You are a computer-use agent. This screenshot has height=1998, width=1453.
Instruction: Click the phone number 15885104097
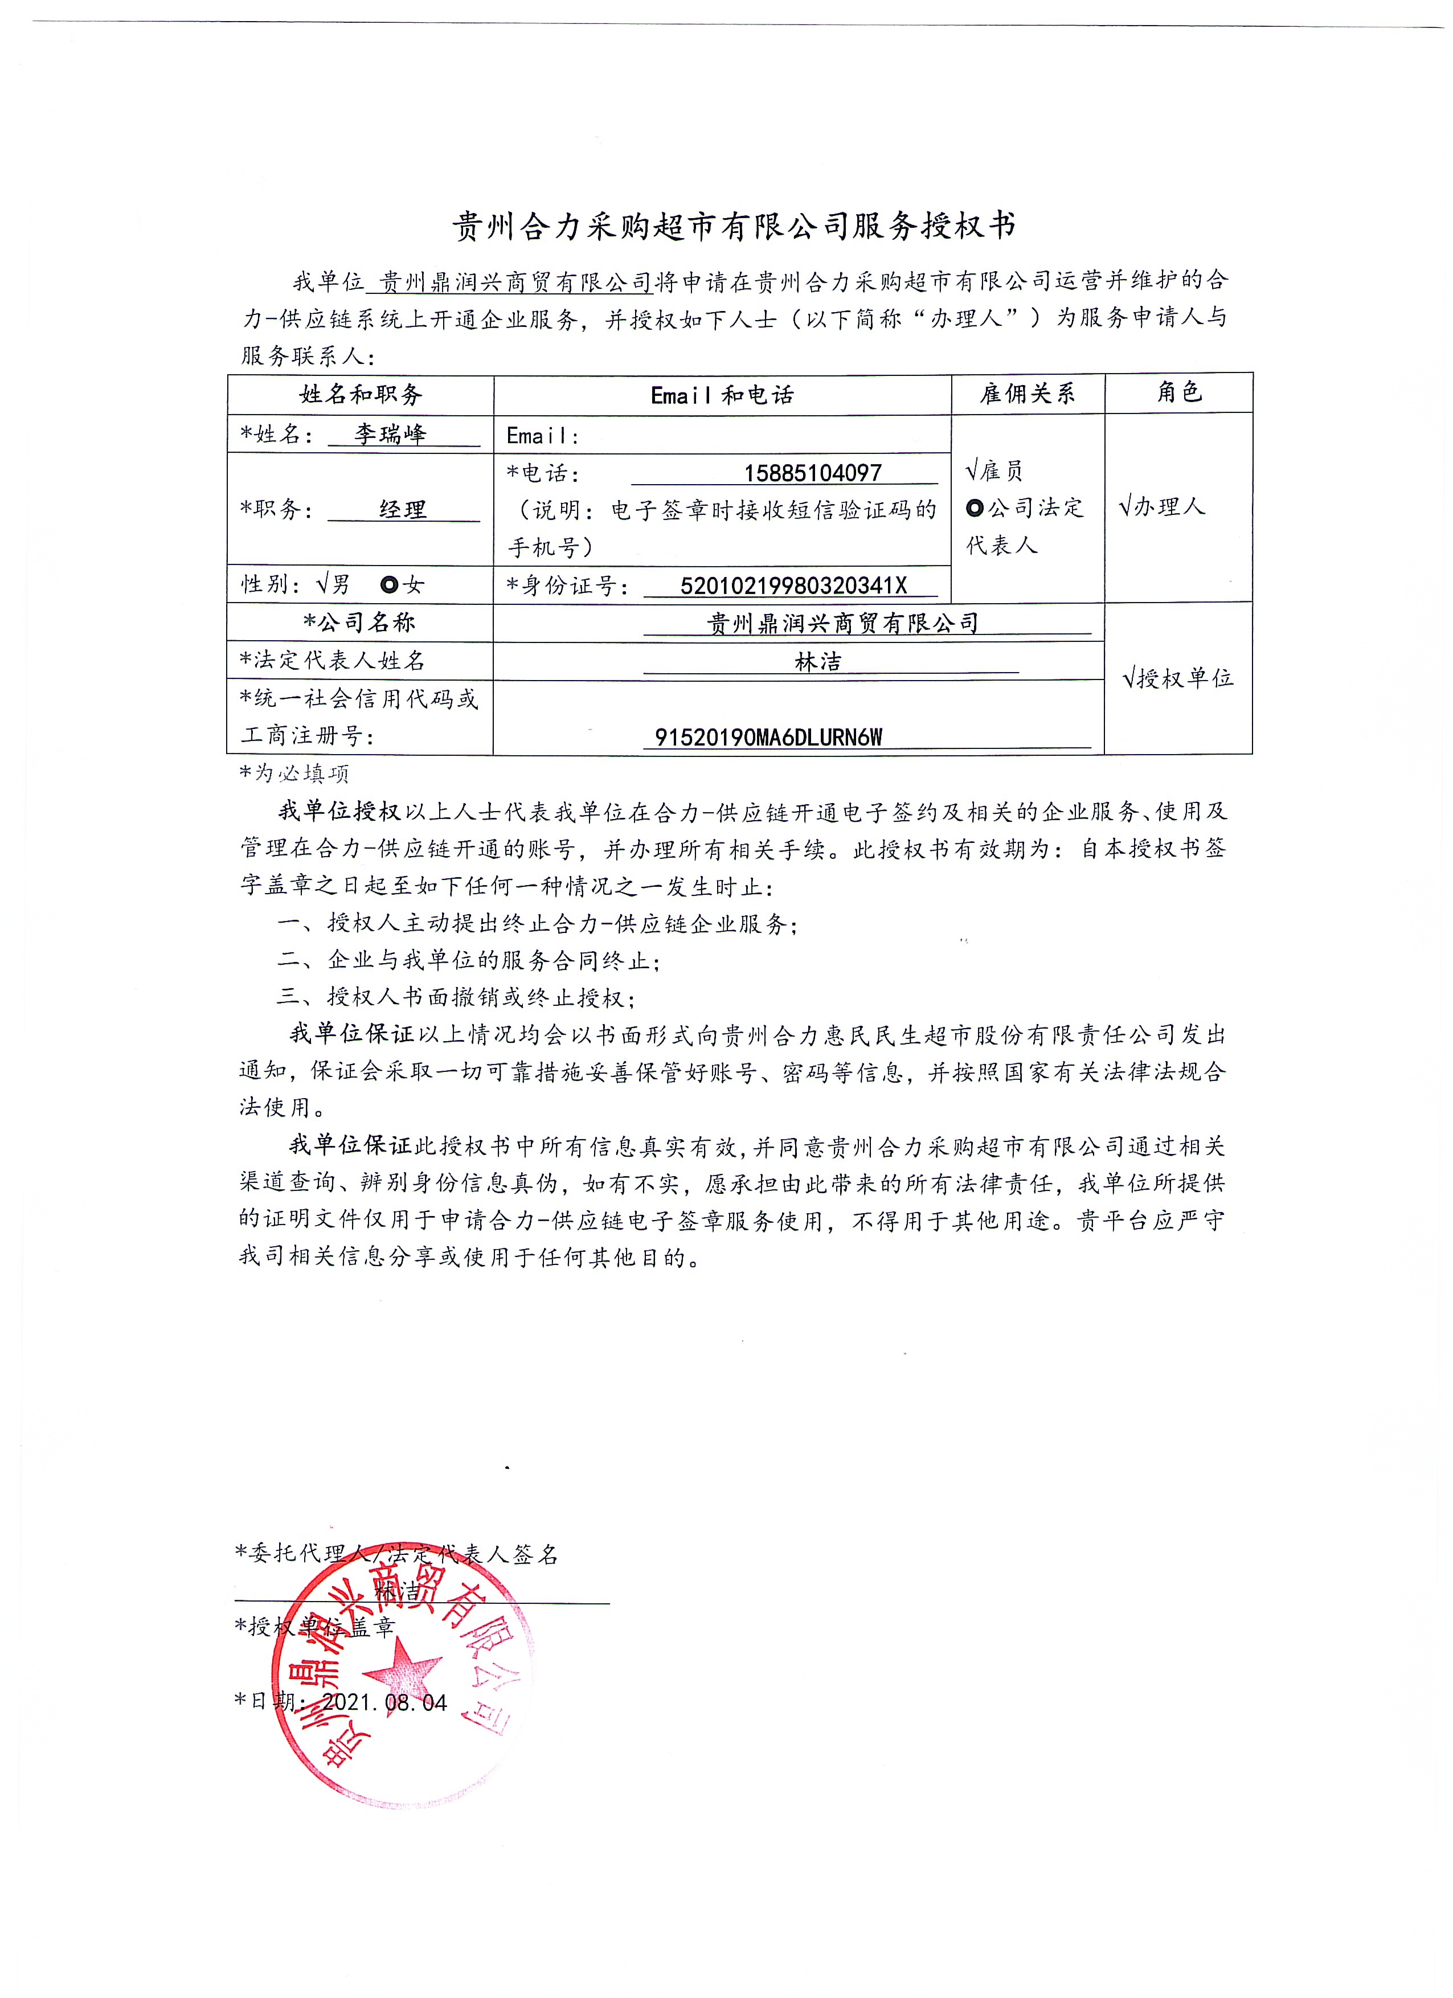click(812, 473)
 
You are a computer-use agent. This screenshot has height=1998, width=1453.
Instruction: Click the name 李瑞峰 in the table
click(390, 435)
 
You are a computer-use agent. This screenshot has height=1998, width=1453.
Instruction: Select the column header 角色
click(1179, 392)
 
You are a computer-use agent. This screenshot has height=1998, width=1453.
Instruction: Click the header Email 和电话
click(722, 395)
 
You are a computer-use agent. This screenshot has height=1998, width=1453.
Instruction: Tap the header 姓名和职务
click(361, 395)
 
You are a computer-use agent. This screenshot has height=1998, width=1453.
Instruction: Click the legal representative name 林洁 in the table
click(818, 662)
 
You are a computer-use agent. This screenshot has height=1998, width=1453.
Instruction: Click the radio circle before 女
click(388, 584)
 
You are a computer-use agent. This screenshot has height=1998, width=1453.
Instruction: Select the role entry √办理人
click(1161, 506)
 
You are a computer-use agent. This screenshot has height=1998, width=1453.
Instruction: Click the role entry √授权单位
click(1178, 678)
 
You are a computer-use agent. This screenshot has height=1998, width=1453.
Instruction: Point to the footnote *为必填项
click(294, 773)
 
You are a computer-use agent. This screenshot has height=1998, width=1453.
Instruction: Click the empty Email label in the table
click(542, 435)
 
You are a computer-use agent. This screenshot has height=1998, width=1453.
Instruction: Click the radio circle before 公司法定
click(975, 508)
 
